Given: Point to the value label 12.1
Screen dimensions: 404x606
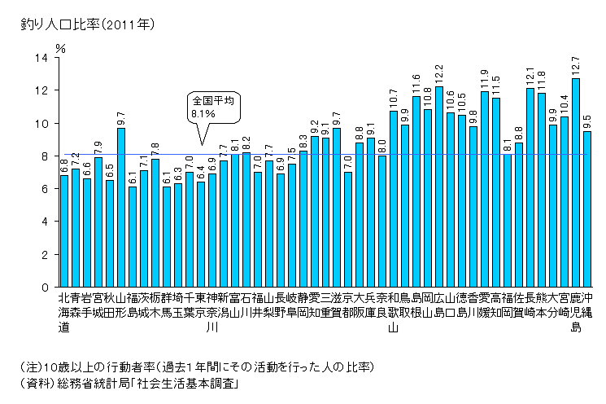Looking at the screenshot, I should [530, 76].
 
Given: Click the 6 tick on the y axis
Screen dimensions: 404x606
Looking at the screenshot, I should [45, 189].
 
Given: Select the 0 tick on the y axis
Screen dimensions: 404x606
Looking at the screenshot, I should [45, 288].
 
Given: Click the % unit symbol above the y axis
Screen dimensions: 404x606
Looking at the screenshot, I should [60, 47].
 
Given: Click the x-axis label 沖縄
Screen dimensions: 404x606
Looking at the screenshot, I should [587, 305].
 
